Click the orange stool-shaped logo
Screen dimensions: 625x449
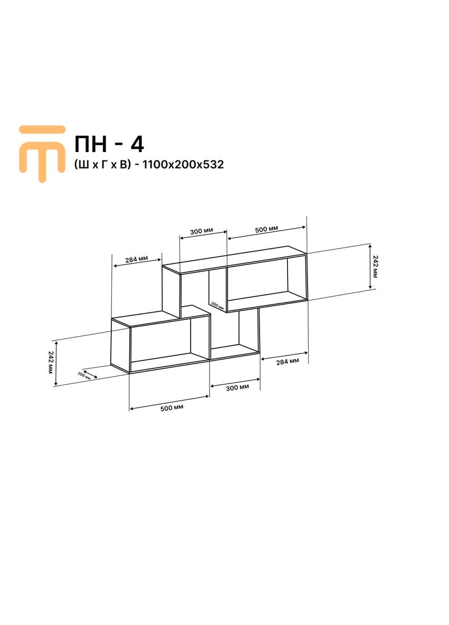tap(42, 151)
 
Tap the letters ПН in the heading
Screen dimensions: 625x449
tap(93, 144)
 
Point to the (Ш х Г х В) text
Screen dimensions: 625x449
tap(102, 165)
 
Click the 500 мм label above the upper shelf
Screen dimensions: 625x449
tap(266, 230)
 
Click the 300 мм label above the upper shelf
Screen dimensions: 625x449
tap(202, 232)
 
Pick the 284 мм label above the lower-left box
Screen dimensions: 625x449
tap(136, 260)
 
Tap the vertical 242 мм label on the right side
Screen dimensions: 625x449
tap(375, 267)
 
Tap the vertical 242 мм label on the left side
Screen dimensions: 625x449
tap(51, 363)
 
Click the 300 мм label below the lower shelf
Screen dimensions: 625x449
tap(237, 387)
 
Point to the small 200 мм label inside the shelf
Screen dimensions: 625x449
tap(217, 305)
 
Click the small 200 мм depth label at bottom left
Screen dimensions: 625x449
tap(84, 375)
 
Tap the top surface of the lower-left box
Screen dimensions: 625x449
tap(161, 316)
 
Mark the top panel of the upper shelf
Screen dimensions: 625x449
tap(235, 259)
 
